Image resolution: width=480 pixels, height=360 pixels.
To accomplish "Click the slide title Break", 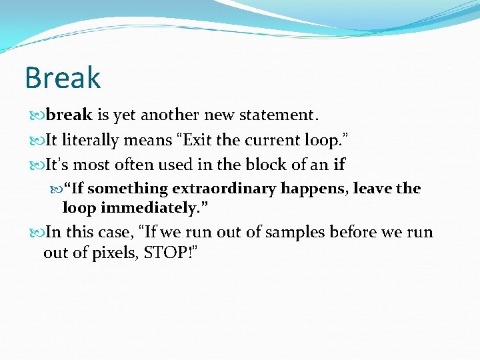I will (63, 78).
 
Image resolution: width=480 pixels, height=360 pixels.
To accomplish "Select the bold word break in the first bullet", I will (69, 115).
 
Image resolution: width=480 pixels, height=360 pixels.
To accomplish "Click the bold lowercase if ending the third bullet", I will (339, 165).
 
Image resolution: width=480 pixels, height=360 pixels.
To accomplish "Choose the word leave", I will (373, 189).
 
